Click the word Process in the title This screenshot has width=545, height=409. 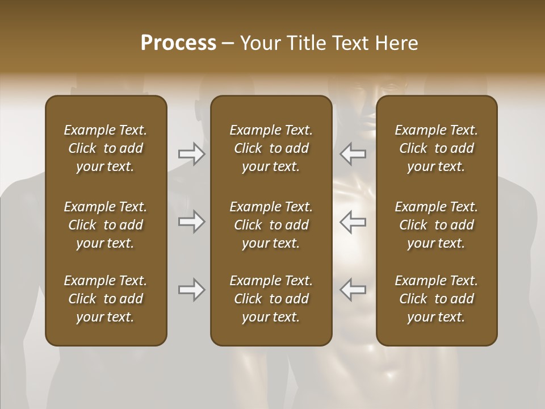click(178, 43)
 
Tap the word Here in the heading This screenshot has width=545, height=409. click(396, 43)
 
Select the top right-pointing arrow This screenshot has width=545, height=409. click(191, 154)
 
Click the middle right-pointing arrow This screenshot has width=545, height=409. click(191, 222)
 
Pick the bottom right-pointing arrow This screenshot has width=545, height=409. click(191, 290)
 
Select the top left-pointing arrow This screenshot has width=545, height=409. click(353, 154)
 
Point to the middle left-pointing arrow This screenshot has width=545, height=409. click(353, 222)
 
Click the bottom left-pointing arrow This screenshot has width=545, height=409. click(353, 290)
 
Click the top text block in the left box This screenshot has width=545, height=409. click(106, 148)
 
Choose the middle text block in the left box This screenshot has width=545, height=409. click(106, 225)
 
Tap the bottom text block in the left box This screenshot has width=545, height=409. click(106, 299)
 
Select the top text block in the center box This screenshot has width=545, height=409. click(271, 148)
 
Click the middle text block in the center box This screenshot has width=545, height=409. click(271, 225)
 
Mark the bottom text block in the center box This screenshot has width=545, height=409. click(271, 299)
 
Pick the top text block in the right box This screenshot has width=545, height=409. click(436, 148)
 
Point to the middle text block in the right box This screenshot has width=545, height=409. click(436, 225)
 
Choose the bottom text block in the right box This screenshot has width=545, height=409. click(436, 299)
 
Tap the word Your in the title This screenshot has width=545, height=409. click(258, 43)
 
